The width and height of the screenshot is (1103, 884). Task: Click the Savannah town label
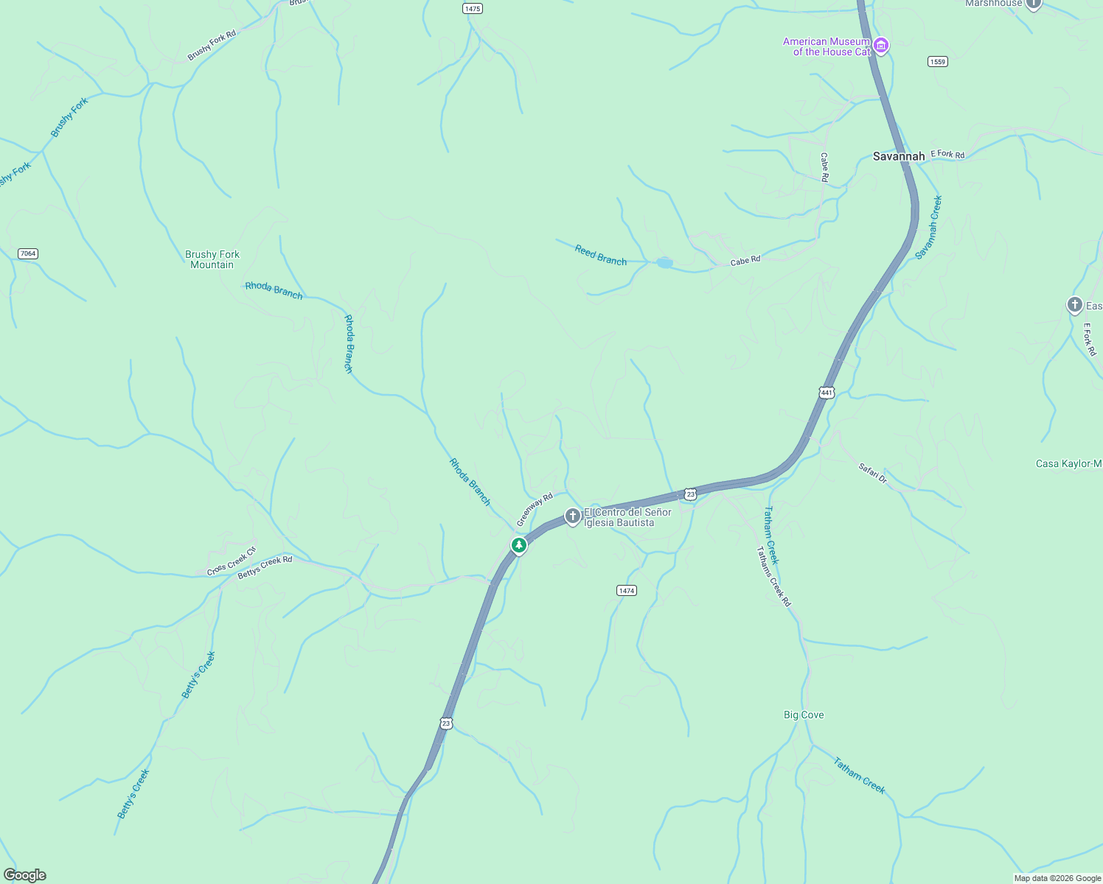click(898, 156)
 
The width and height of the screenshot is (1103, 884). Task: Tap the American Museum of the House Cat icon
click(880, 46)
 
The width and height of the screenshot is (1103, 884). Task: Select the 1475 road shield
click(473, 9)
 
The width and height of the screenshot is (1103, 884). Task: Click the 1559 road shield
click(937, 62)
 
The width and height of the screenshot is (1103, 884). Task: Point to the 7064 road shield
click(27, 253)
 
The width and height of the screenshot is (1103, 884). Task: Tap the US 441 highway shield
click(827, 393)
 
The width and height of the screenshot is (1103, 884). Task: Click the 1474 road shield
click(626, 591)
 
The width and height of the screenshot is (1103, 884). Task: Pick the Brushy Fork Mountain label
click(212, 259)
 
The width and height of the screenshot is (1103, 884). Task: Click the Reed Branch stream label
click(600, 256)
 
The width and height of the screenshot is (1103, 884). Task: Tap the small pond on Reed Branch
click(664, 263)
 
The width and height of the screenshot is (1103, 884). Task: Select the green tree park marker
click(519, 546)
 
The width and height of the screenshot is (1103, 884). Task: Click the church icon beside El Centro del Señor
click(572, 516)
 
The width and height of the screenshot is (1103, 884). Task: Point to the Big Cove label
click(804, 715)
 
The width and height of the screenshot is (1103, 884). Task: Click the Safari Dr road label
click(873, 472)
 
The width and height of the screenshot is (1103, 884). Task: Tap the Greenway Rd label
click(535, 509)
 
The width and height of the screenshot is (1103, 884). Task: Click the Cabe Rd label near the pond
click(745, 261)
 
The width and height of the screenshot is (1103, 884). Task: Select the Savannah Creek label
click(928, 227)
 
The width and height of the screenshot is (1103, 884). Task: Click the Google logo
click(24, 875)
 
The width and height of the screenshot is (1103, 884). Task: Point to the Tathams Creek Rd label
click(773, 576)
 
